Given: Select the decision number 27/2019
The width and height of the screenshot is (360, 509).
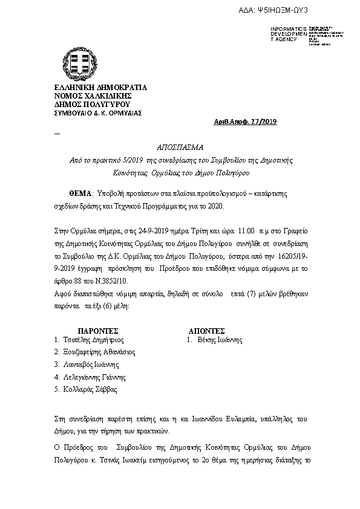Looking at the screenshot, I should pyautogui.click(x=261, y=122).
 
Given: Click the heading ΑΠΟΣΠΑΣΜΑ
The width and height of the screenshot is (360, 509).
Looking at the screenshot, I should pyautogui.click(x=180, y=148).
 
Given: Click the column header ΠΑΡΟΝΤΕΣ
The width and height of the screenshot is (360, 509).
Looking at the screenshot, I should pyautogui.click(x=97, y=331).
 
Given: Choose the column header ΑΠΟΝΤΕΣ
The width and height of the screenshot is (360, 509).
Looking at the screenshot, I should pyautogui.click(x=207, y=331).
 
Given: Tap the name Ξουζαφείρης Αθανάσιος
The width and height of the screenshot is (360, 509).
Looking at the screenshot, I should pyautogui.click(x=99, y=352).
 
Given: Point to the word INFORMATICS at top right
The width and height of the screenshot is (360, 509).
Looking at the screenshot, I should pyautogui.click(x=286, y=29).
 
